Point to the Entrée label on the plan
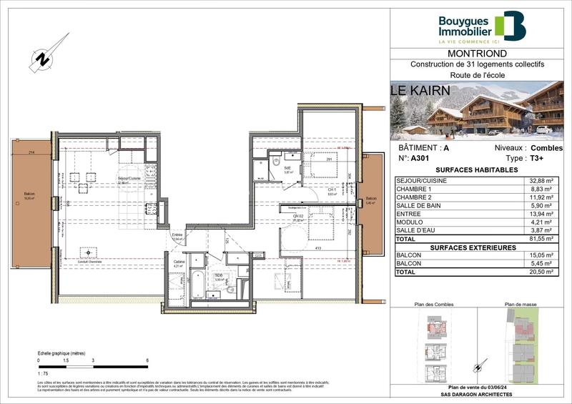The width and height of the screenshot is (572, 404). coord(177,235)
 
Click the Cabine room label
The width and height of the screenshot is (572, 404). coord(179,263)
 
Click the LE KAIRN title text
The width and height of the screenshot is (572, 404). coord(420,91)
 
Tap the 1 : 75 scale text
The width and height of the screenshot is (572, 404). coord(44,373)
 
